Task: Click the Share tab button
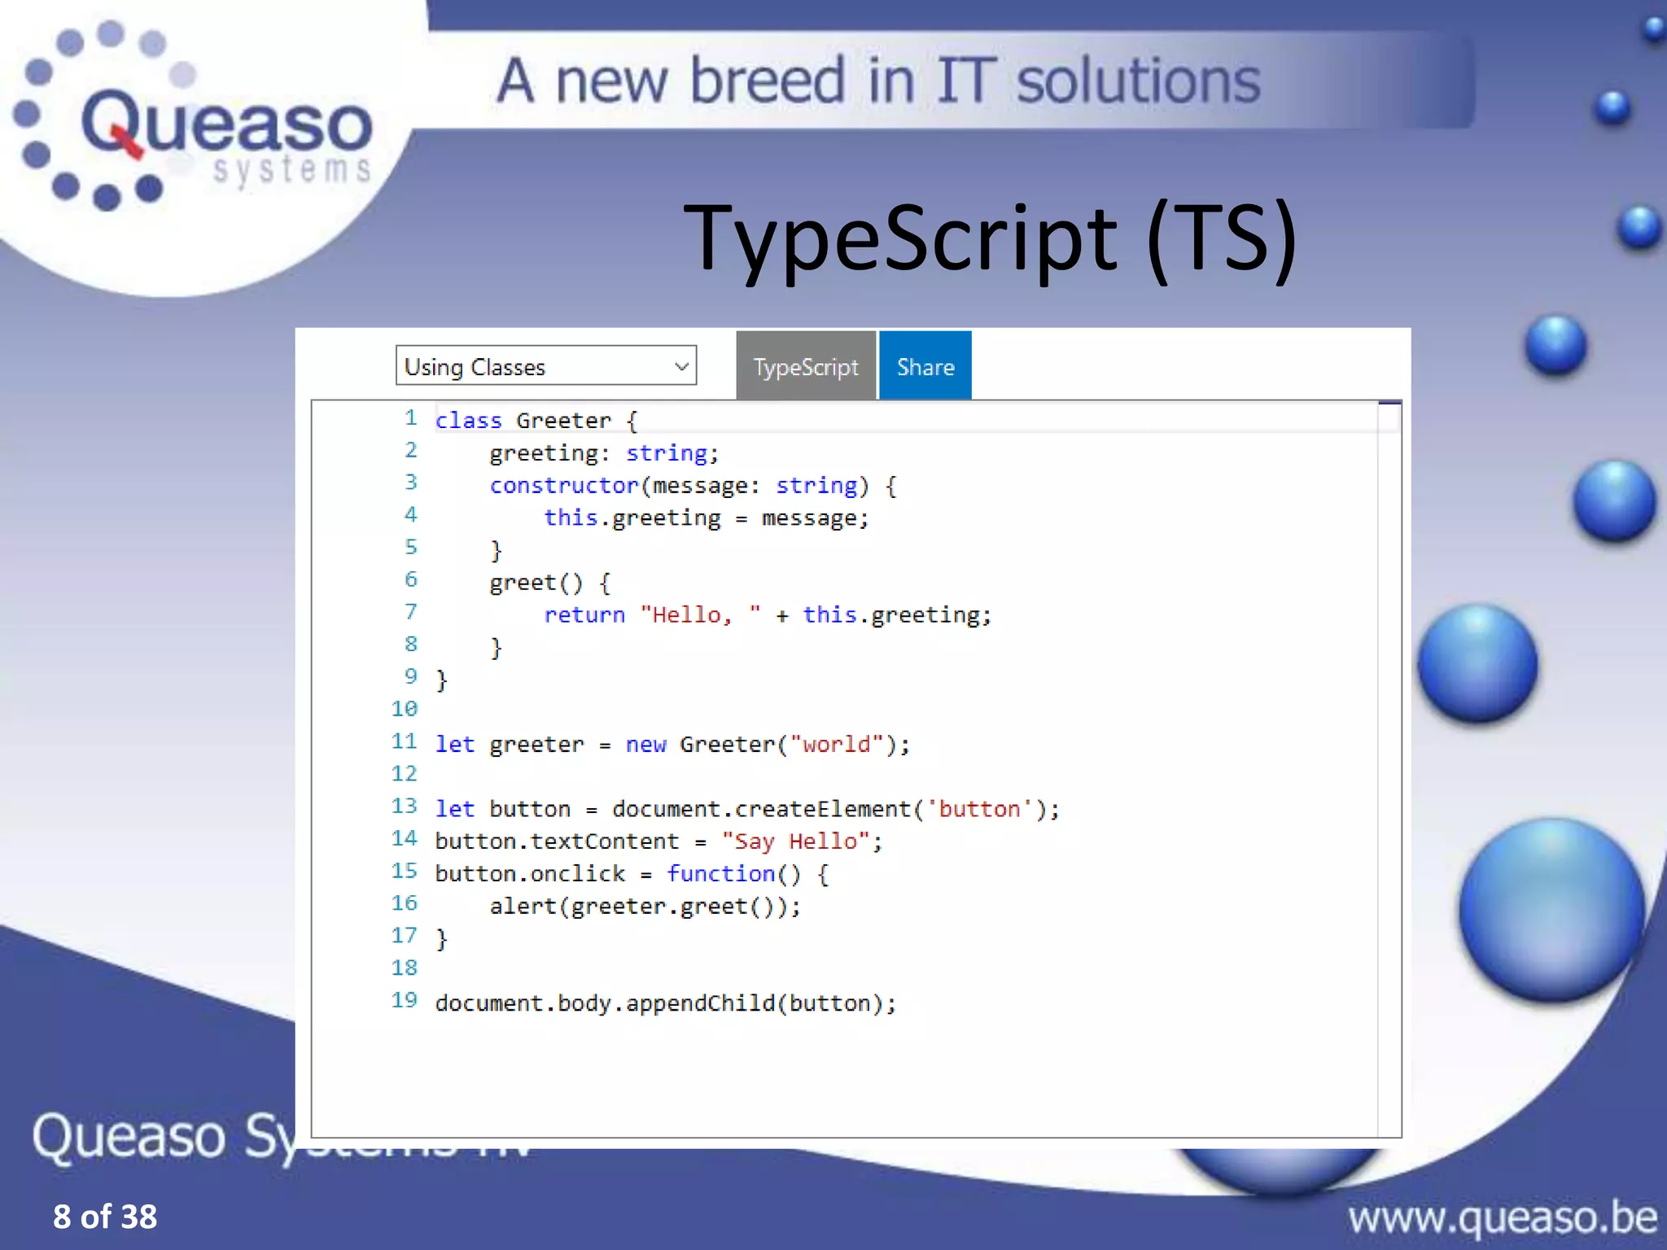(925, 367)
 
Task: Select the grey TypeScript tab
(805, 367)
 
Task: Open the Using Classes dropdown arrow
(681, 367)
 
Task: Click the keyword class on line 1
(468, 421)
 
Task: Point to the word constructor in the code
(563, 486)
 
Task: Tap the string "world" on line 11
(837, 745)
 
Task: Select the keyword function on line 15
(720, 874)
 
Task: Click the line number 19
(405, 1000)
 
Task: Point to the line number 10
(405, 709)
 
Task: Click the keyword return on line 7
(584, 615)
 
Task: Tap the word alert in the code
(523, 907)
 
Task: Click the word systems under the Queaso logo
(291, 170)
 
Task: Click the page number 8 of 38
(105, 1217)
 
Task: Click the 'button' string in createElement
(979, 809)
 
